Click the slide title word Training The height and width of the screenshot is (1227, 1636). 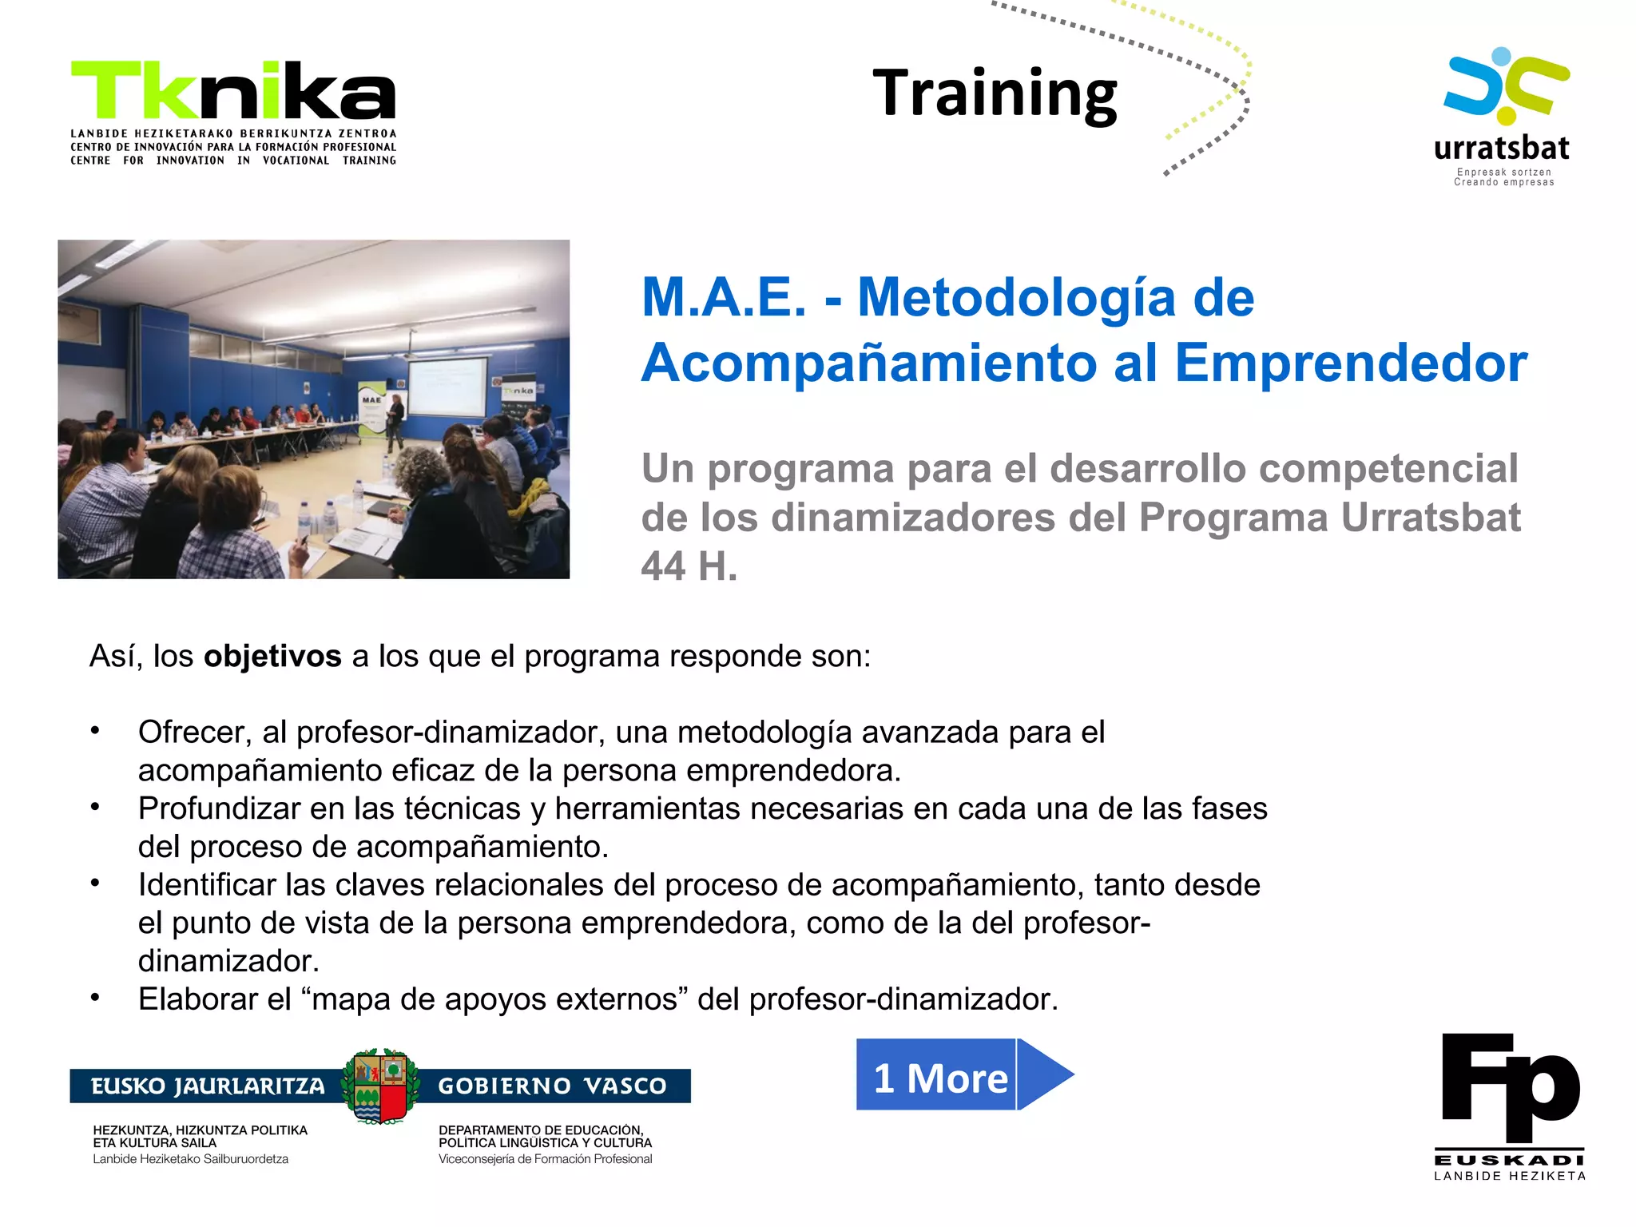(x=995, y=94)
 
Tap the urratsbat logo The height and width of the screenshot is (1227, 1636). (x=1503, y=116)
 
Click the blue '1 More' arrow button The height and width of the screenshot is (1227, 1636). (x=963, y=1075)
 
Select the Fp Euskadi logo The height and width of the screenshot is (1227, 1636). (x=1510, y=1106)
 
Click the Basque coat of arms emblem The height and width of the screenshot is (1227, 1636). (x=380, y=1086)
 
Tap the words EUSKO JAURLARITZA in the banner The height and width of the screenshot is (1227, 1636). (x=208, y=1086)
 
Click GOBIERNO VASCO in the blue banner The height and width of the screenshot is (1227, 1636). (x=552, y=1086)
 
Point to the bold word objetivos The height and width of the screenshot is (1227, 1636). (x=272, y=657)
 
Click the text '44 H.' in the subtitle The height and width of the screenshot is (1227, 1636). (x=689, y=566)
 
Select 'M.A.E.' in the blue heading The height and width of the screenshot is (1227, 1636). (x=724, y=298)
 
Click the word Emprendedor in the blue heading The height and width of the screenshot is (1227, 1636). (x=1350, y=363)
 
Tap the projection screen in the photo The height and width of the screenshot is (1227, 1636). (x=447, y=385)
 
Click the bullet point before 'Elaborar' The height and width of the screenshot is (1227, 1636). (x=95, y=998)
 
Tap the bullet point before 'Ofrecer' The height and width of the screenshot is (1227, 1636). (x=95, y=731)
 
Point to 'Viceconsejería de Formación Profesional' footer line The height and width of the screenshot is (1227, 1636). (x=545, y=1159)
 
